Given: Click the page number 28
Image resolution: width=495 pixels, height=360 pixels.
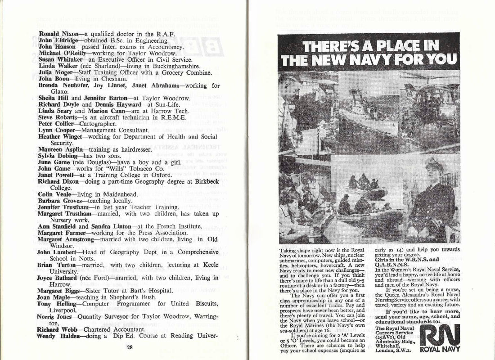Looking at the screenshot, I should click(x=130, y=347).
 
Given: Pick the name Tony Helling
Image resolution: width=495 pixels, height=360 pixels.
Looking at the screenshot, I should click(x=55, y=303).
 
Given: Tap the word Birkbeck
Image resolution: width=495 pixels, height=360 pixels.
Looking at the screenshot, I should click(x=205, y=181).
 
